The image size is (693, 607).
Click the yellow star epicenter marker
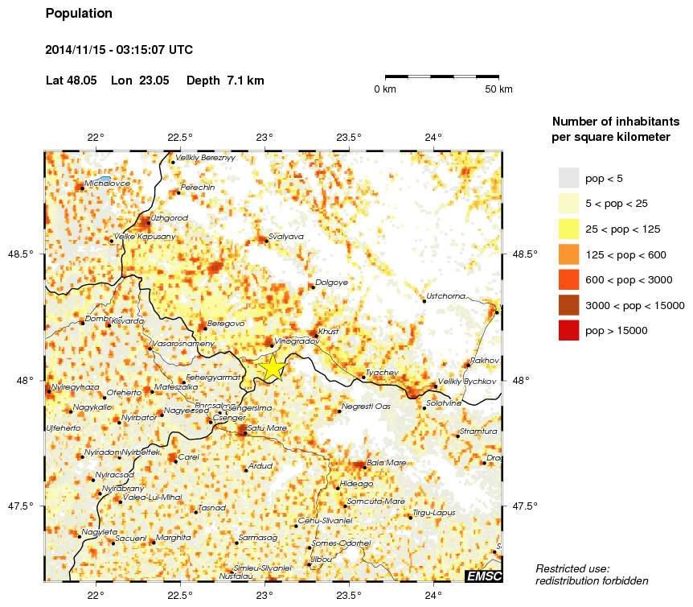(273, 367)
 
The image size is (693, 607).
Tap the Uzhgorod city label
(169, 218)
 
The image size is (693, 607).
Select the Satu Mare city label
(267, 427)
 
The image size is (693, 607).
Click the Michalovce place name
(107, 184)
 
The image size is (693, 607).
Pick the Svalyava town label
(286, 237)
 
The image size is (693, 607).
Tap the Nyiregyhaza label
(76, 387)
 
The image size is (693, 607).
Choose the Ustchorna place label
(446, 296)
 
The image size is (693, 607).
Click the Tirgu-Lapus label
(433, 512)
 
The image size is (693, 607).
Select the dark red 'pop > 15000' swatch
(569, 330)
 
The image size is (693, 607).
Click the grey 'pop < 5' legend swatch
(569, 178)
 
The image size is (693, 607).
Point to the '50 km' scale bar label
(498, 89)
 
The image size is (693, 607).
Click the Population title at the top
(79, 14)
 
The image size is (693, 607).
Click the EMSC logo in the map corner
(484, 576)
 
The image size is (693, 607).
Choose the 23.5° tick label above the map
(349, 137)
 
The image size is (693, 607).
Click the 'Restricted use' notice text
(572, 568)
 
